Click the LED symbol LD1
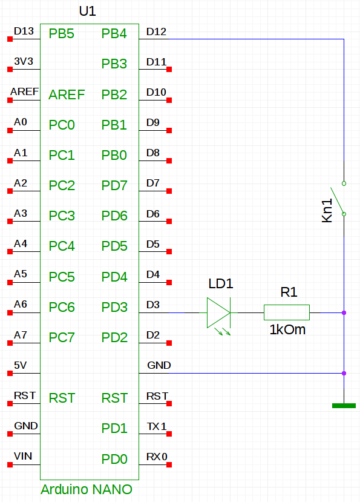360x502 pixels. pos(219,313)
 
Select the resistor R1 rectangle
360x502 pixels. pos(287,312)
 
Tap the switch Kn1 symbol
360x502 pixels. pos(339,199)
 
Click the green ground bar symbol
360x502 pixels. pos(344,406)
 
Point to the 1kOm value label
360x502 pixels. pos(287,330)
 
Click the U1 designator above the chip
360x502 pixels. pos(87,12)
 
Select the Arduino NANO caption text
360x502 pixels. pos(87,489)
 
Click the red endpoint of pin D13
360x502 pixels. pos(10,39)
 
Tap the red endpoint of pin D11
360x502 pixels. pos(169,70)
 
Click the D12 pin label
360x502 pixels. pos(156,31)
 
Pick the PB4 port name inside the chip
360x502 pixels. pos(114,34)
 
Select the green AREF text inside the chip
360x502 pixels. pos(67,94)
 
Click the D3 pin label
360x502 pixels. pos(153,305)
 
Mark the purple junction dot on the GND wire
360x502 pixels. pos(344,373)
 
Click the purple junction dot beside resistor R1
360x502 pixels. pos(344,313)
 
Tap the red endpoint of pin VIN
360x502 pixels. pos(10,464)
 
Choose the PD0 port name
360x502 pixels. pos(114,460)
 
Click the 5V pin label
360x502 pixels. pos(20,365)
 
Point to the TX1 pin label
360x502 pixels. pos(157,426)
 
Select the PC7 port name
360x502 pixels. pos(62,338)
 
